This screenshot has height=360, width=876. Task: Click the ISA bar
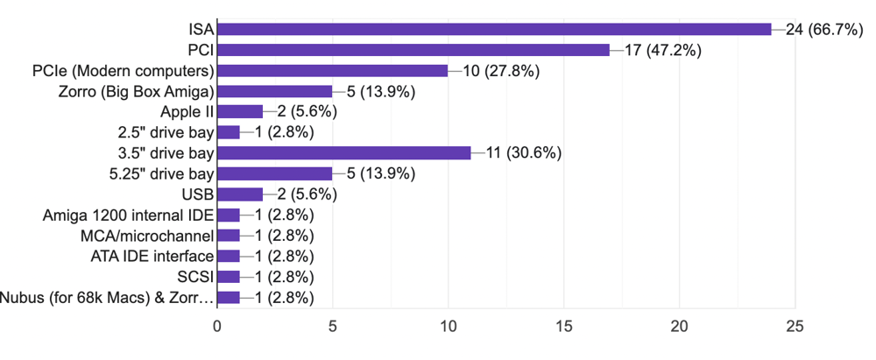tap(494, 29)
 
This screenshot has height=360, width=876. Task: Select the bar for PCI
tap(413, 50)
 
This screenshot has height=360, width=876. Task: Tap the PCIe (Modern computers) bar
tap(333, 70)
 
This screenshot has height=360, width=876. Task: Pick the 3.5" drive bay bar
tap(344, 152)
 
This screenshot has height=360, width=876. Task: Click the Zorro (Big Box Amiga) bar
tap(275, 91)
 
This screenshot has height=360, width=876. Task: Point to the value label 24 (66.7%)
tap(827, 29)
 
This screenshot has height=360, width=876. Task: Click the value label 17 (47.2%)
tap(665, 50)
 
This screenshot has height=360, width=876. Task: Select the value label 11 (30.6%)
tap(518, 152)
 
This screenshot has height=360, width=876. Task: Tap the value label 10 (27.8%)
tap(495, 70)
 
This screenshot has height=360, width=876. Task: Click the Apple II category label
tap(187, 111)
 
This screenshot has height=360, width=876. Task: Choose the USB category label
tap(198, 194)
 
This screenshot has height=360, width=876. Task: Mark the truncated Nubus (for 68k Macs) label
tap(106, 297)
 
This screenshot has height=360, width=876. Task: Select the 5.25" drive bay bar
tap(275, 173)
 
